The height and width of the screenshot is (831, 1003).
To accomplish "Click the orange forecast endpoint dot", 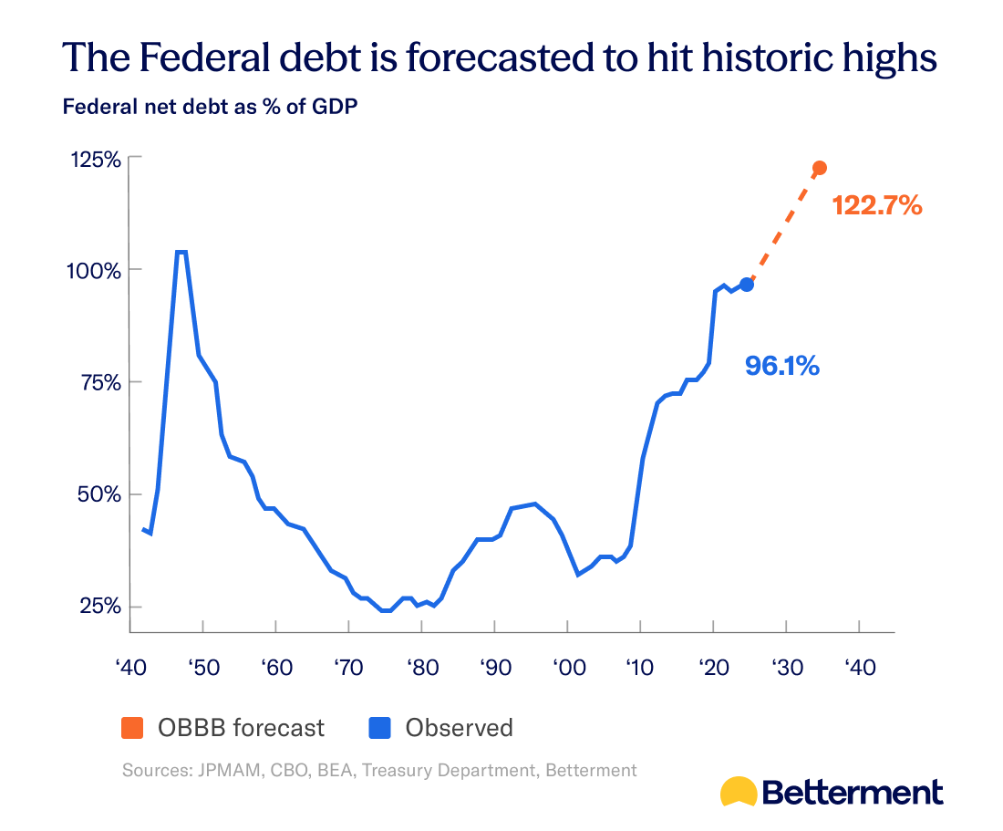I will (819, 168).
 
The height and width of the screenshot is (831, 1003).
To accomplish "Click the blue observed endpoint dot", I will (747, 285).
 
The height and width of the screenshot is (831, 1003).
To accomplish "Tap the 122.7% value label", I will (877, 206).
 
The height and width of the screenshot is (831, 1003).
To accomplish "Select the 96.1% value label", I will (782, 366).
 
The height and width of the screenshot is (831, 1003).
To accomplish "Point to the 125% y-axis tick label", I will (95, 159).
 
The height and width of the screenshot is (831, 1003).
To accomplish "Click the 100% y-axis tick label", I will (95, 271).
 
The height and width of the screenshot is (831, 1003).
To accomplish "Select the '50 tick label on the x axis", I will (202, 668).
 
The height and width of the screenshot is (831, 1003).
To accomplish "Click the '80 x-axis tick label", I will (420, 668).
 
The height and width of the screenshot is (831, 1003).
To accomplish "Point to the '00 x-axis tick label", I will (566, 668).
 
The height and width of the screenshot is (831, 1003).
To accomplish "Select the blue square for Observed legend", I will (379, 728).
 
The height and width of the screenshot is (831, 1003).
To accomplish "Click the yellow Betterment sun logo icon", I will (738, 792).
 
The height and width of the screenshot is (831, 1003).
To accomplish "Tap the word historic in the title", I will (708, 57).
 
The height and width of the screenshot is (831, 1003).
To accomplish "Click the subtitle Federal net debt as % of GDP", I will (210, 106).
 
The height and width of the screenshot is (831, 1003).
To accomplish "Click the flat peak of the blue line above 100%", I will (181, 252).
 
